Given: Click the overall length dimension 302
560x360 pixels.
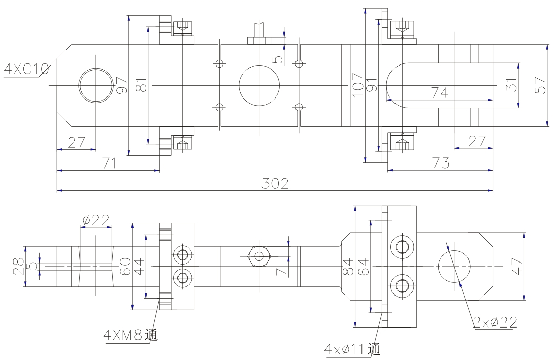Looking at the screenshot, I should point(275,183).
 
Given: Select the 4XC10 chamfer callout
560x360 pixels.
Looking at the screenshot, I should point(26,69).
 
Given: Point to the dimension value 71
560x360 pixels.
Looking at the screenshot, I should point(109,163).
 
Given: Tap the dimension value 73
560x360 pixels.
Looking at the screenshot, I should point(440,163).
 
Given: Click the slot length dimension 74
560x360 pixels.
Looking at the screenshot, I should point(440,93).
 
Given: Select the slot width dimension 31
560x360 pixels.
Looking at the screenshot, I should point(512,85).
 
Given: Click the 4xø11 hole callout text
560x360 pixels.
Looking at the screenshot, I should point(353,349).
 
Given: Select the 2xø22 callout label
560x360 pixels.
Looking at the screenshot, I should point(495,322).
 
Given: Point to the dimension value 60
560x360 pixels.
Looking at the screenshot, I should point(125,266).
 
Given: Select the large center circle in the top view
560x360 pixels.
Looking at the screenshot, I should point(259,85).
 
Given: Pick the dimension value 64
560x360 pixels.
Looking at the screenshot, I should point(364,266).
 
